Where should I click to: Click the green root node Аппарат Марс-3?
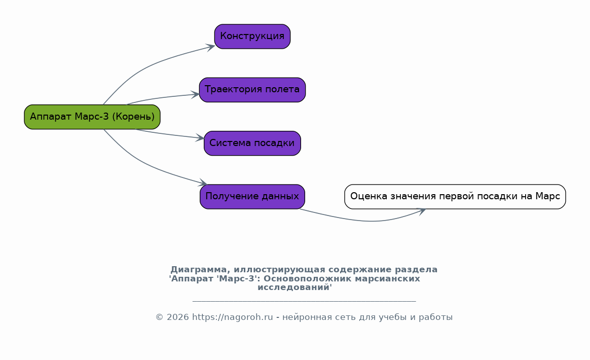pyautogui.click(x=92, y=117)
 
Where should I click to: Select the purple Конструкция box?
pyautogui.click(x=252, y=37)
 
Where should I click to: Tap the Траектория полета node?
pyautogui.click(x=252, y=90)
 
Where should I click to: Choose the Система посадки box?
pyautogui.click(x=252, y=143)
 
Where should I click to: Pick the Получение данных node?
pyautogui.click(x=252, y=197)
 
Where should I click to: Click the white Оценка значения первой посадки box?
pyautogui.click(x=455, y=197)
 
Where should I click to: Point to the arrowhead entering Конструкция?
pyautogui.click(x=210, y=47)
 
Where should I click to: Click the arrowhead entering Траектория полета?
pyautogui.click(x=195, y=94)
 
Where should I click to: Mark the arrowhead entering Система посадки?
pyautogui.click(x=200, y=138)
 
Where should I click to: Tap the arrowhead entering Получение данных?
pyautogui.click(x=204, y=183)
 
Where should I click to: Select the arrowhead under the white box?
pyautogui.click(x=422, y=211)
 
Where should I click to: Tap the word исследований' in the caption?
pyautogui.click(x=294, y=287)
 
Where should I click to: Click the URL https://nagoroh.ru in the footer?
pyautogui.click(x=233, y=317)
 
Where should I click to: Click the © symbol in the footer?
pyautogui.click(x=160, y=317)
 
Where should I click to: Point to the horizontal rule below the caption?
pyautogui.click(x=304, y=301)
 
